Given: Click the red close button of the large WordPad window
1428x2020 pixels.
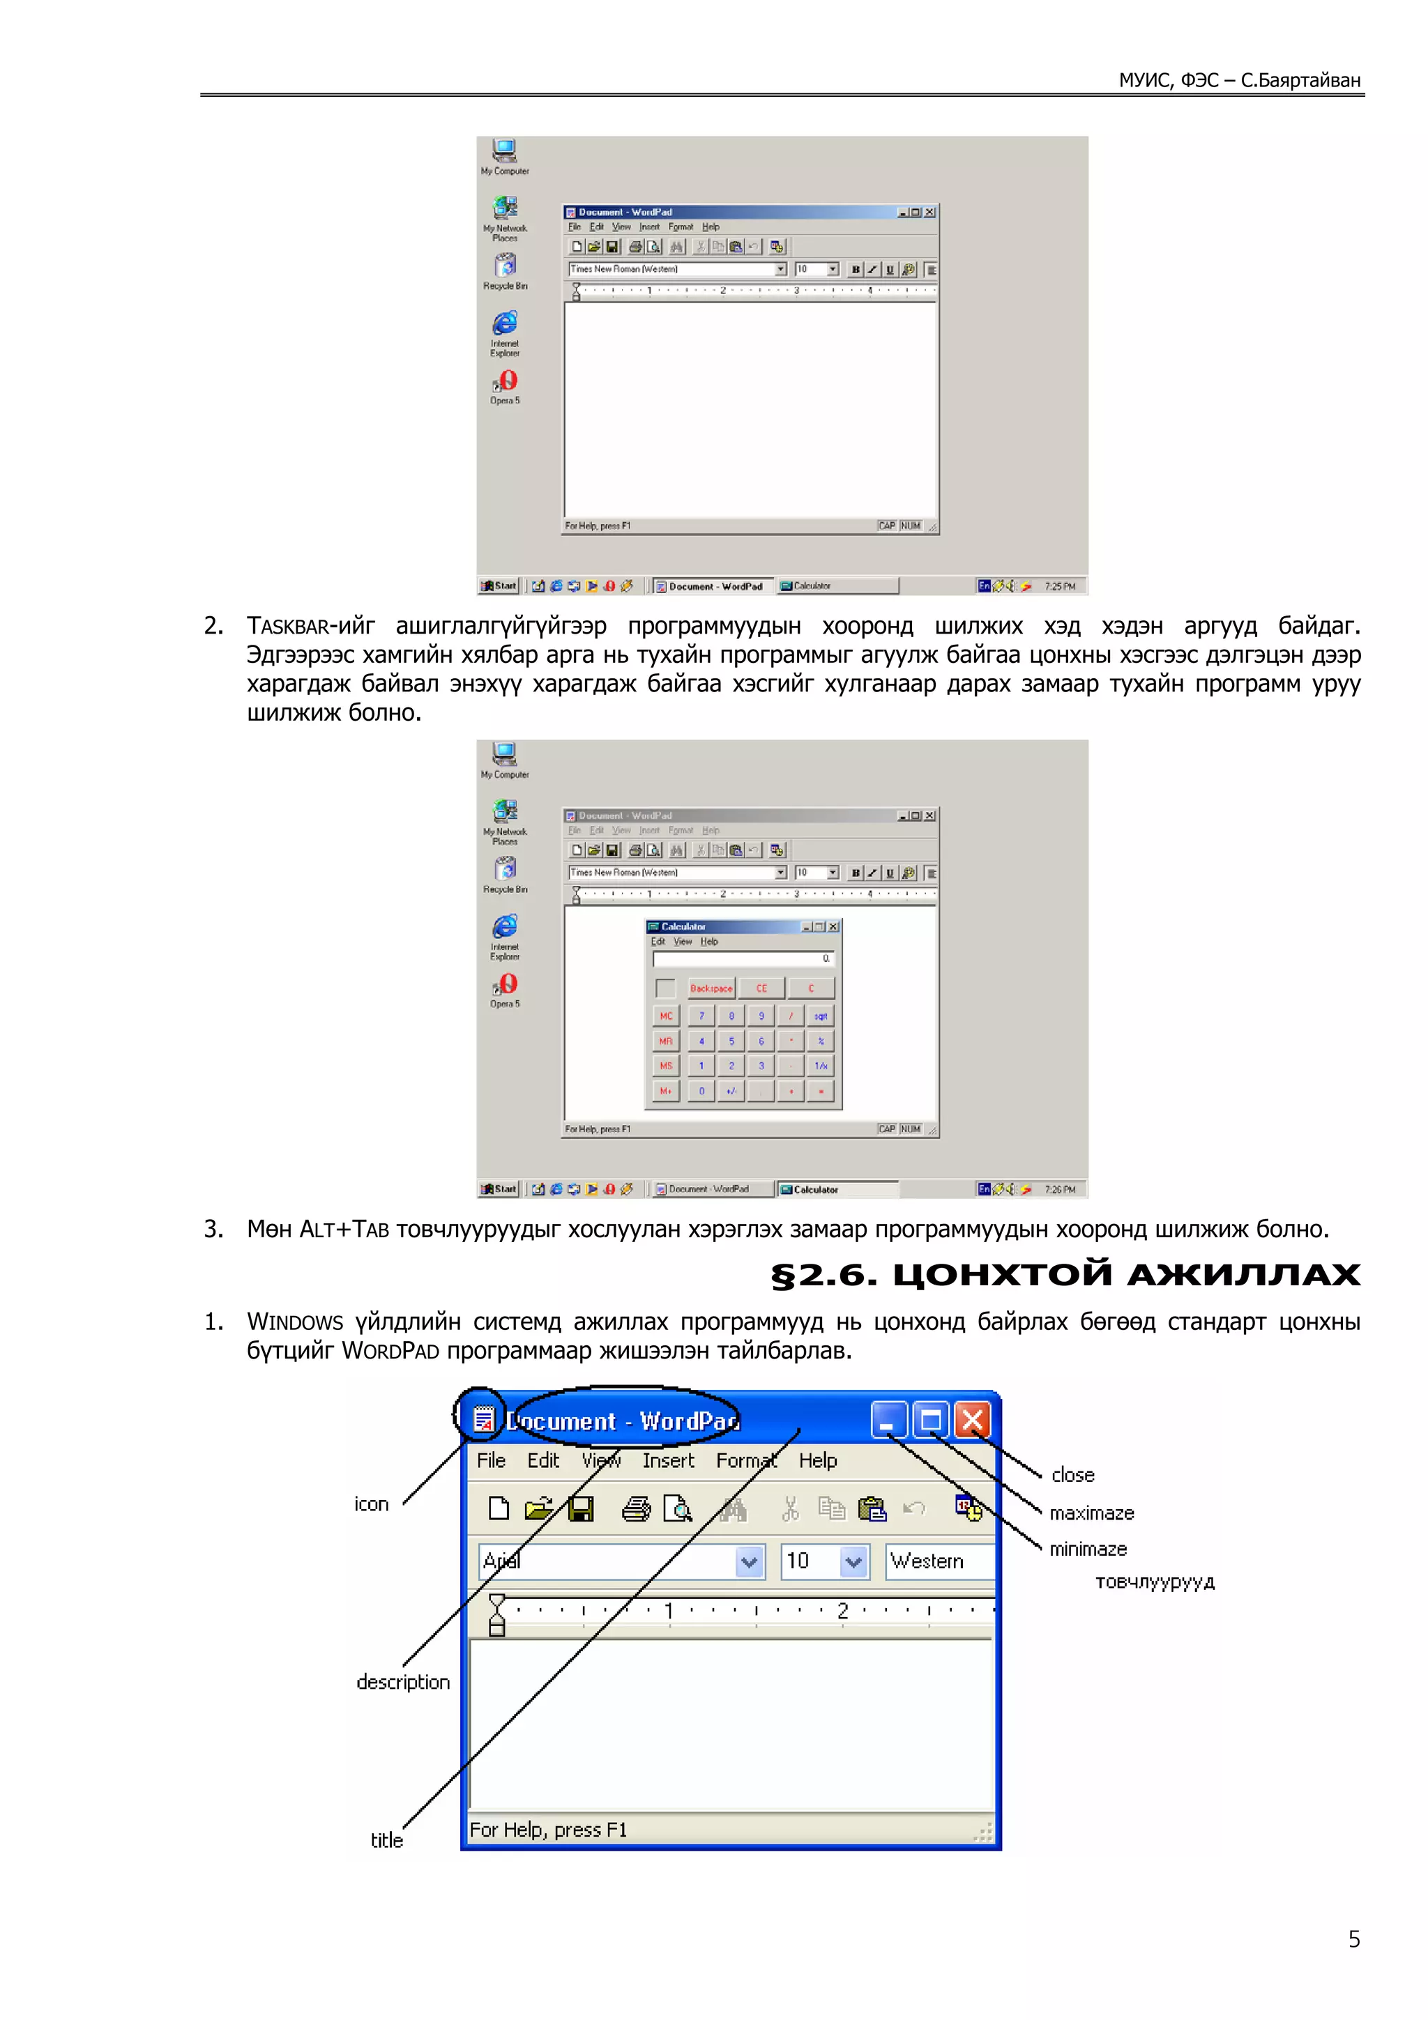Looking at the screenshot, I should pos(972,1419).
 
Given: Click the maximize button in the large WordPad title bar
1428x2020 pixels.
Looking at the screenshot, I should pos(930,1419).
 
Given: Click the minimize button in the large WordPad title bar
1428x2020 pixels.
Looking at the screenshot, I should pos(888,1419).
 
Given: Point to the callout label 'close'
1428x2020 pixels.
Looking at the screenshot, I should pos(1072,1474).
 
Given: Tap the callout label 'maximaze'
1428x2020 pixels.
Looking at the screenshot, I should pos(1091,1513).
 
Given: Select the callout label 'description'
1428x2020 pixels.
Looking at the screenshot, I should pos(403,1682).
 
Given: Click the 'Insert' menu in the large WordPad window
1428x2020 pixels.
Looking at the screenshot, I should pos(668,1460).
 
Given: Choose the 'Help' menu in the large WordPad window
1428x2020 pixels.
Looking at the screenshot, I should pos(817,1460).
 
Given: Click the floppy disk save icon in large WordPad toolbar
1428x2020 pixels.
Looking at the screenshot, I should pos(581,1509).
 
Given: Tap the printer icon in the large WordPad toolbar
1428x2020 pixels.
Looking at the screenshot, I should pos(636,1509).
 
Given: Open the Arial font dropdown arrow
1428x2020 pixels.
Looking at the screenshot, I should pos(749,1561).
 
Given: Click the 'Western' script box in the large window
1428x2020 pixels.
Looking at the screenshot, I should pos(937,1561).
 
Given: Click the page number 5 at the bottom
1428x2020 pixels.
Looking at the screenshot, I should pos(1353,1939).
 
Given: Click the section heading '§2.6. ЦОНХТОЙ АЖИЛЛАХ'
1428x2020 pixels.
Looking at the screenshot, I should pos(1065,1274).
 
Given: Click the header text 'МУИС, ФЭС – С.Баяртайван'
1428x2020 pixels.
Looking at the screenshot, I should pos(1239,80).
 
